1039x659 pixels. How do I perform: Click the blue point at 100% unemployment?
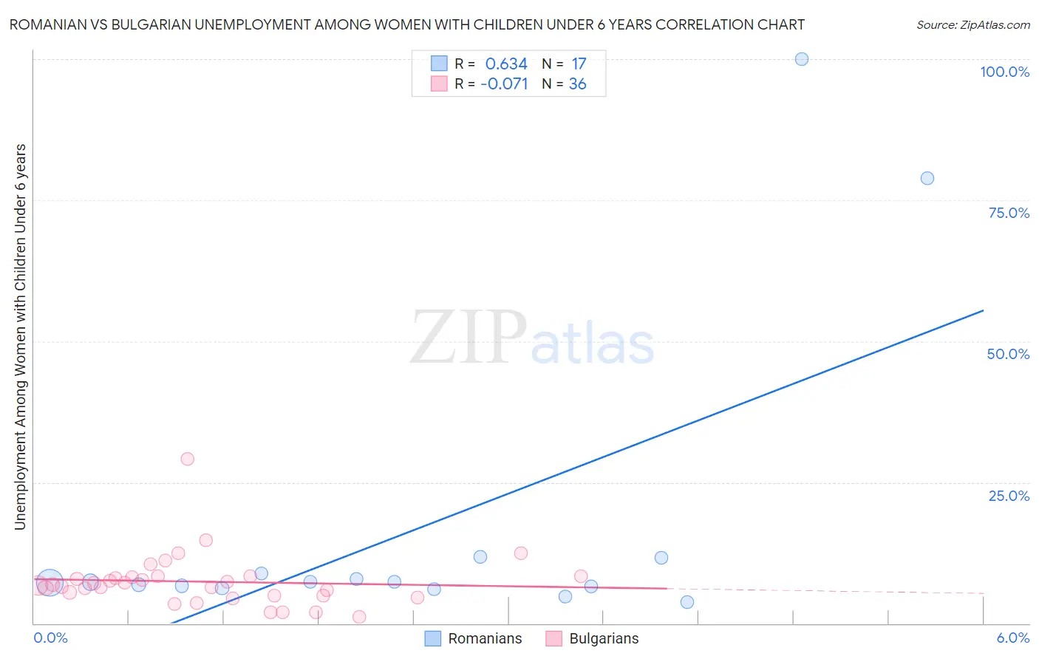[x=801, y=59]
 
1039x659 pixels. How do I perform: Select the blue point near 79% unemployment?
[x=927, y=178]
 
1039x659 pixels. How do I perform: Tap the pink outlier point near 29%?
[x=187, y=459]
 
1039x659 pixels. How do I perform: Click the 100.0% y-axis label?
[x=1004, y=72]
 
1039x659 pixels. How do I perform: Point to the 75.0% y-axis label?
[x=1009, y=213]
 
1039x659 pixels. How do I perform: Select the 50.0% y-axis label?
[x=1008, y=354]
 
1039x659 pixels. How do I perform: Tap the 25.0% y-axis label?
[x=1009, y=495]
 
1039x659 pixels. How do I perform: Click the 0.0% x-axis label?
[x=50, y=638]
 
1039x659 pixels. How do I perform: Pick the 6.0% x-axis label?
[x=1012, y=638]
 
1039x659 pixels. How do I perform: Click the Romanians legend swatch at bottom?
[x=433, y=638]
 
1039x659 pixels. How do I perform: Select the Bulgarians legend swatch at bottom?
[x=554, y=638]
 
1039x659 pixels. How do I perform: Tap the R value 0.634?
[x=506, y=64]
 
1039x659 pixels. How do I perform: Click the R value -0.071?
[x=504, y=84]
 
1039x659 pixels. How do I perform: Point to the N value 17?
[x=579, y=64]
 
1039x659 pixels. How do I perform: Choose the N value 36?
[x=577, y=84]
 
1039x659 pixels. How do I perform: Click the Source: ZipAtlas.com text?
[x=972, y=25]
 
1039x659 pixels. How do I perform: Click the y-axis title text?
[x=20, y=336]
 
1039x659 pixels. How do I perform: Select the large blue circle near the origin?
[x=50, y=583]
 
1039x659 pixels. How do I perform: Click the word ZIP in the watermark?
[x=469, y=338]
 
